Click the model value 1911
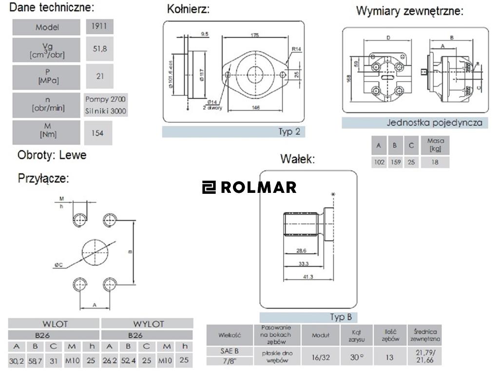tap(99, 26)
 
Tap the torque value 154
tap(97, 133)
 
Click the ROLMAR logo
tap(249, 187)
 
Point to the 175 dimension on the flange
tap(255, 35)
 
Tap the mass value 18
tap(435, 162)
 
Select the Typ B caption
tap(341, 317)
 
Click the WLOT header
tap(54, 324)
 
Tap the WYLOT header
tap(149, 324)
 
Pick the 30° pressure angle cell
tap(356, 357)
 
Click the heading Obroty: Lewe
tap(52, 155)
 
